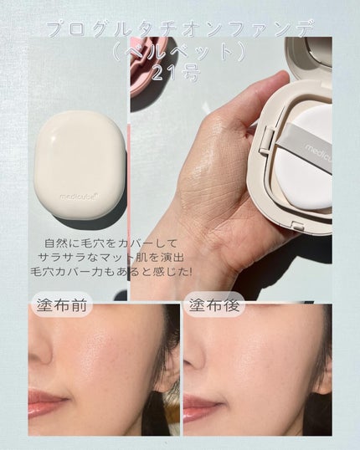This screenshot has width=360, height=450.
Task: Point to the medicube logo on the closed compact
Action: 79,199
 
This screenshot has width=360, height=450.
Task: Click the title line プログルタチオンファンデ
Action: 179,31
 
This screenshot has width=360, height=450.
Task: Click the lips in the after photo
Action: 198,406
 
